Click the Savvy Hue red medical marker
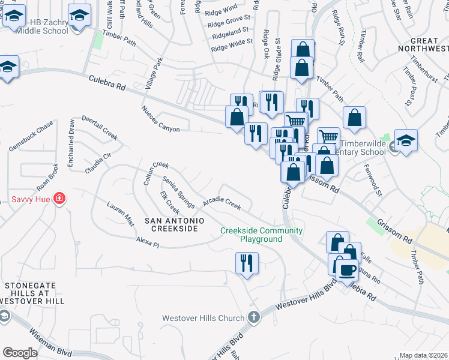(x=59, y=198)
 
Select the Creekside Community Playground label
(x=261, y=235)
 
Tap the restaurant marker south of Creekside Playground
(x=247, y=263)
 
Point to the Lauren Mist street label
(x=121, y=214)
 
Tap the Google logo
(x=20, y=353)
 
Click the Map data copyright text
(x=423, y=356)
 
